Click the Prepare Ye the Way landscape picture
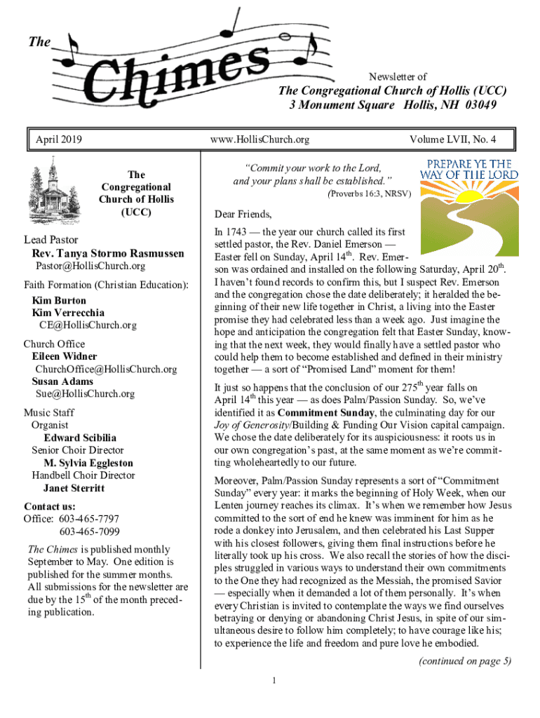click(x=469, y=210)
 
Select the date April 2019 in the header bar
click(x=59, y=140)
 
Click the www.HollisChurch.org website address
click(x=259, y=140)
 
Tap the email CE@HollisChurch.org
click(x=88, y=325)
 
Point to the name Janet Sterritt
click(x=74, y=488)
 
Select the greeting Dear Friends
click(x=243, y=214)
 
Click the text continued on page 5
click(x=464, y=661)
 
